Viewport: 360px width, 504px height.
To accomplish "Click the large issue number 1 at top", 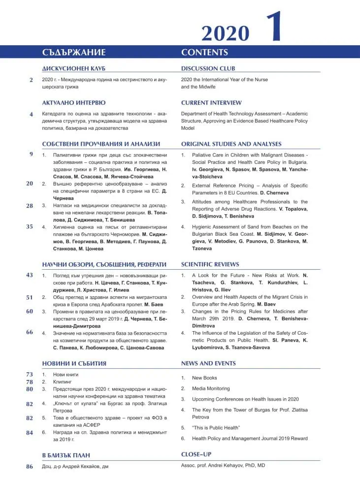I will [274, 27].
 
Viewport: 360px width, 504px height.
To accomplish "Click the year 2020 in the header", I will [225, 33].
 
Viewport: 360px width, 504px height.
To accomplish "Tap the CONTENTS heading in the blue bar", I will [204, 52].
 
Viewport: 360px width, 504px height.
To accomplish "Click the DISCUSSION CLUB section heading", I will [208, 68].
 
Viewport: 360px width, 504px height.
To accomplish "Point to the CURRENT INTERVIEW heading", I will [211, 103].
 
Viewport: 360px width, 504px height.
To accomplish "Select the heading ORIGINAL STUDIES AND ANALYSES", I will [231, 144].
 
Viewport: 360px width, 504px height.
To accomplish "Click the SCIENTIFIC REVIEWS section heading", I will [210, 264].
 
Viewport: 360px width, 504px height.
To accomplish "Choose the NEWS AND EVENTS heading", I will [208, 363].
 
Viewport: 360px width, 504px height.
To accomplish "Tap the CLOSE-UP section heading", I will [196, 454].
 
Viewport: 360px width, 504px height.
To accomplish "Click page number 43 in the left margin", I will [30, 275].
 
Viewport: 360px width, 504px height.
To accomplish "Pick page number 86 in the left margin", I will [30, 467].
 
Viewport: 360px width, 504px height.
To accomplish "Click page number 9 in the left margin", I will [31, 154].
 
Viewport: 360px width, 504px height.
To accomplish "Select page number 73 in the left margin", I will [30, 375].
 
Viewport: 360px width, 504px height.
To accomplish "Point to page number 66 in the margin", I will [30, 332].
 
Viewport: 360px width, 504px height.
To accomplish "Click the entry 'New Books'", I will [204, 378].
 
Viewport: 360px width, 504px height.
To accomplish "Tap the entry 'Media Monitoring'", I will [211, 389].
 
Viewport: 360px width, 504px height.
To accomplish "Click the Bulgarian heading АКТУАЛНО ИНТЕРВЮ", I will [74, 103].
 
